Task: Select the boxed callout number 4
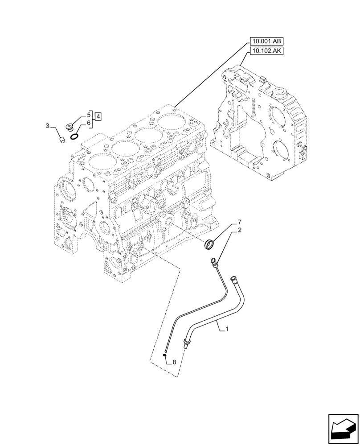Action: pos(98,117)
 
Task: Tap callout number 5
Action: pos(89,114)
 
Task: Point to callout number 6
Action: pos(89,123)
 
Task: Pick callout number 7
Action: pos(239,222)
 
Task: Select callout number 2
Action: pos(239,230)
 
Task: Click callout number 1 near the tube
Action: pos(227,329)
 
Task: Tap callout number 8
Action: pos(174,362)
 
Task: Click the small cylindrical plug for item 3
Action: pos(63,140)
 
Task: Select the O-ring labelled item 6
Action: pos(75,136)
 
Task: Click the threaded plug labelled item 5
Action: pos(70,127)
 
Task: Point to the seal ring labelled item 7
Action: pos(209,244)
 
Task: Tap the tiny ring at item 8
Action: pos(165,355)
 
